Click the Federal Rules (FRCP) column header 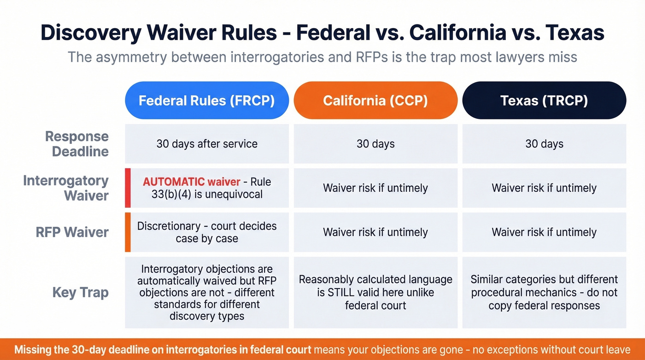coord(207,100)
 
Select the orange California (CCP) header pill coord(375,100)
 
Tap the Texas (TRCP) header coord(544,100)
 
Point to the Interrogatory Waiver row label coord(66,188)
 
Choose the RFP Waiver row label coord(72,232)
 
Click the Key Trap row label coord(80,292)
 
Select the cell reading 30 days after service coord(207,144)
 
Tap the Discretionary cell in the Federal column coord(207,232)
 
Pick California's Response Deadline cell coord(375,144)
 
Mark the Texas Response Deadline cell coord(544,144)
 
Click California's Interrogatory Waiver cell coord(375,188)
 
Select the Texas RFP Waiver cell coord(544,232)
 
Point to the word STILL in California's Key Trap coord(341,292)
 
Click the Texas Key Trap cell coord(544,292)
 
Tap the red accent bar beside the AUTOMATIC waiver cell coord(128,188)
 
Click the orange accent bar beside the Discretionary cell coord(128,232)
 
